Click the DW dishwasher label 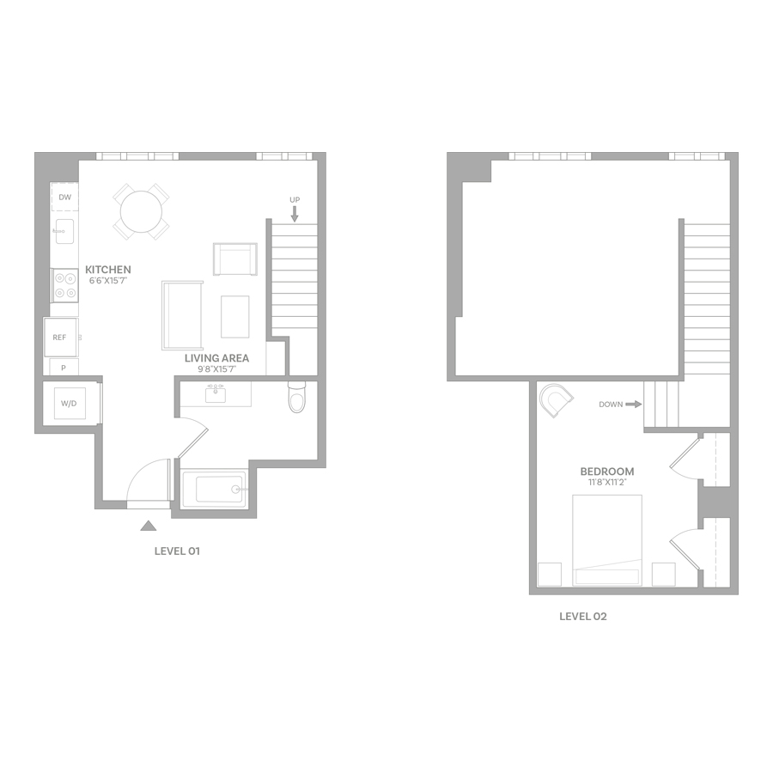[65, 198]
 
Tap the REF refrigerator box [60, 338]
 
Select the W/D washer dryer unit [69, 404]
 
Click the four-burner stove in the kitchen [65, 285]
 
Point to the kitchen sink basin [64, 231]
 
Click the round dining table [141, 211]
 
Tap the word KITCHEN [108, 270]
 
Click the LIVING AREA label [217, 358]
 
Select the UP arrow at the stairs [295, 214]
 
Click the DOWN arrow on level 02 [634, 405]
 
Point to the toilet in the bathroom [297, 398]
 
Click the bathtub [214, 489]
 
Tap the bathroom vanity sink [216, 394]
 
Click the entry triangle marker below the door [149, 526]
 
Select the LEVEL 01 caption [177, 551]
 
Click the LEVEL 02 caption [582, 616]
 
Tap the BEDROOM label [607, 472]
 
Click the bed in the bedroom [607, 540]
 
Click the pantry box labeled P [64, 368]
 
